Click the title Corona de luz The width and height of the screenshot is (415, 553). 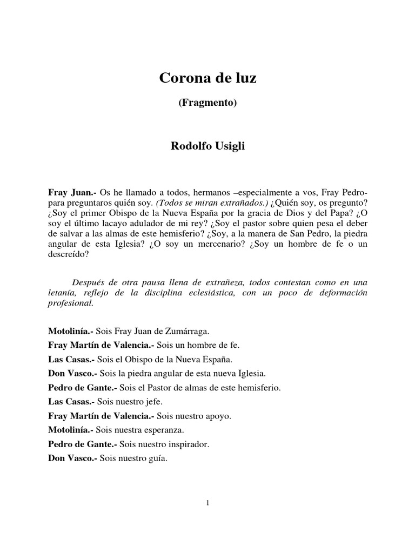pos(207,78)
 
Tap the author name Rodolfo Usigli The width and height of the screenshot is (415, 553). pos(207,146)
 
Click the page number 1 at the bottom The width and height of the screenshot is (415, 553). pos(207,503)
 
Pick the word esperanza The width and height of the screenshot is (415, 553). pos(164,430)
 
